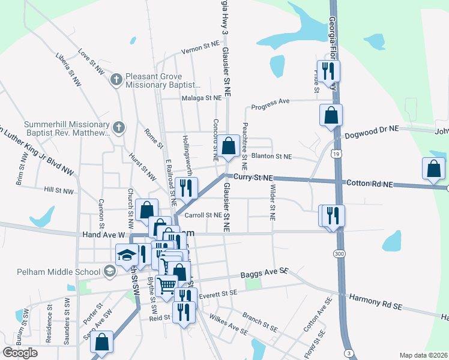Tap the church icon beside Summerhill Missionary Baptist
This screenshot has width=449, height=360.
119,127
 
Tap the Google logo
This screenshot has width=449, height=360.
20,352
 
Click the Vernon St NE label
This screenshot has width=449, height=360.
201,44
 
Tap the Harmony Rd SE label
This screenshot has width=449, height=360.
375,301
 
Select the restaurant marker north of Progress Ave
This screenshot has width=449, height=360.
328,71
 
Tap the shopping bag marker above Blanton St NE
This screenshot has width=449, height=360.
229,146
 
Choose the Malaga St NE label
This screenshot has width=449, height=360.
202,98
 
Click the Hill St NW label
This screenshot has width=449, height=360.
59,191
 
